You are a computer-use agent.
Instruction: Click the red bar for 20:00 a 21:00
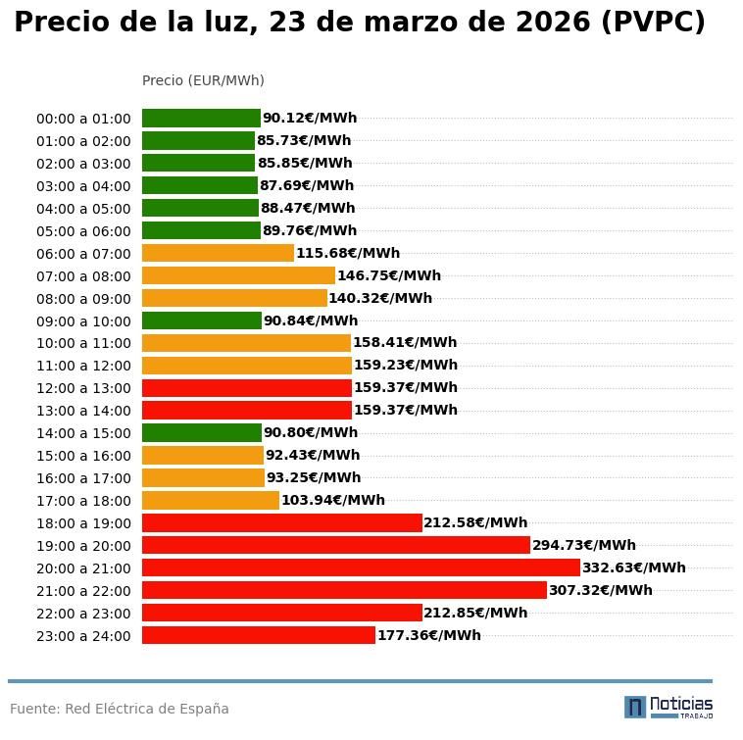pyautogui.click(x=361, y=567)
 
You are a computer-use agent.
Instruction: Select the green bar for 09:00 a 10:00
pyautogui.click(x=202, y=321)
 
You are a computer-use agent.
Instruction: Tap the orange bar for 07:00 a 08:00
pyautogui.click(x=238, y=275)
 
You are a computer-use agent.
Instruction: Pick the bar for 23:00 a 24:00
pyautogui.click(x=259, y=635)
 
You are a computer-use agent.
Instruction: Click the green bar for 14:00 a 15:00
pyautogui.click(x=202, y=432)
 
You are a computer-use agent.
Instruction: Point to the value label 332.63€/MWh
pyautogui.click(x=633, y=567)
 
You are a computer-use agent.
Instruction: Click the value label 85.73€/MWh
pyautogui.click(x=304, y=141)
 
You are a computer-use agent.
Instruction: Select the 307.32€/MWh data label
pyautogui.click(x=600, y=590)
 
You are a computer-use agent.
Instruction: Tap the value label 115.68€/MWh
pyautogui.click(x=348, y=253)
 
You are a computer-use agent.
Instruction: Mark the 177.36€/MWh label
pyautogui.click(x=428, y=635)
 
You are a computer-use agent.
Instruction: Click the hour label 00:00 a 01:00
pyautogui.click(x=83, y=119)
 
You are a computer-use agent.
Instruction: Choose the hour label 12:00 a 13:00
pyautogui.click(x=83, y=388)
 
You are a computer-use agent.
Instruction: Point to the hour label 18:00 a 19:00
pyautogui.click(x=83, y=523)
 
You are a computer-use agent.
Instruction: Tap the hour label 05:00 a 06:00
pyautogui.click(x=83, y=231)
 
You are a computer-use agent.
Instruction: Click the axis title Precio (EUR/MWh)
pyautogui.click(x=203, y=80)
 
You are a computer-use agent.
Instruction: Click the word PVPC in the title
pyautogui.click(x=653, y=23)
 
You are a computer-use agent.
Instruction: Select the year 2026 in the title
pyautogui.click(x=545, y=23)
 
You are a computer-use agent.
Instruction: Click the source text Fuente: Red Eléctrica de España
pyautogui.click(x=120, y=709)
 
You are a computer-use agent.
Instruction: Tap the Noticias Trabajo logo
pyautogui.click(x=669, y=707)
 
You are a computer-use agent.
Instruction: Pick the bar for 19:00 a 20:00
pyautogui.click(x=335, y=545)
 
